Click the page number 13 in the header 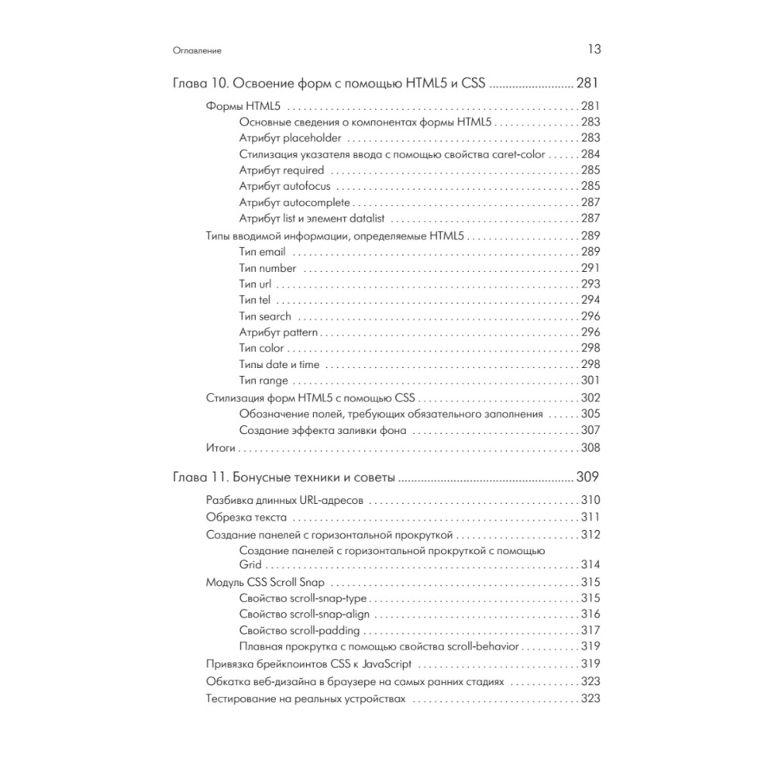coord(594,50)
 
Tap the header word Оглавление coord(198,50)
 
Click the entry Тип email coord(263,251)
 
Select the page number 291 coord(591,267)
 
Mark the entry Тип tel coord(255,300)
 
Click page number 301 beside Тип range coord(591,381)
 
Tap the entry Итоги coord(221,448)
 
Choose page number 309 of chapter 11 coord(586,477)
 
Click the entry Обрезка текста coord(247,517)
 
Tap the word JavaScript coord(381,663)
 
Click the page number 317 coord(591,630)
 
